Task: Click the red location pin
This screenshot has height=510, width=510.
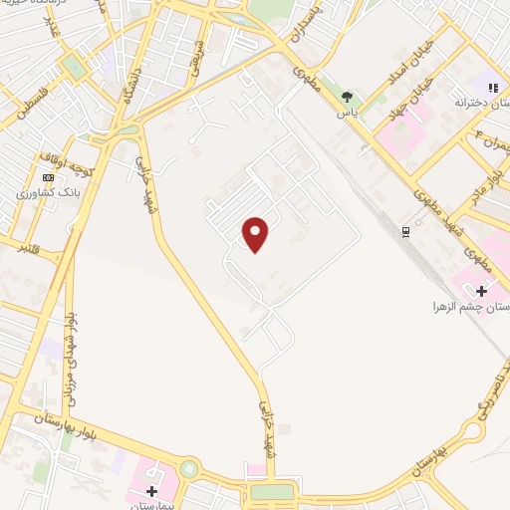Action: coord(256,234)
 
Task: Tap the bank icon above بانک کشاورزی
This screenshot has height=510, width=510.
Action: coord(48,176)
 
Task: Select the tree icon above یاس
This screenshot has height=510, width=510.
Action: coord(347,97)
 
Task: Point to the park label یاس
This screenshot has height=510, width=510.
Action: coord(347,114)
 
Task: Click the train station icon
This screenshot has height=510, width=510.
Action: coord(405,232)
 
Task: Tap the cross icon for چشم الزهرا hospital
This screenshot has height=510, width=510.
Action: coord(482,291)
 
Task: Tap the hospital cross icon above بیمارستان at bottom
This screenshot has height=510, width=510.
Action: coord(151,490)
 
